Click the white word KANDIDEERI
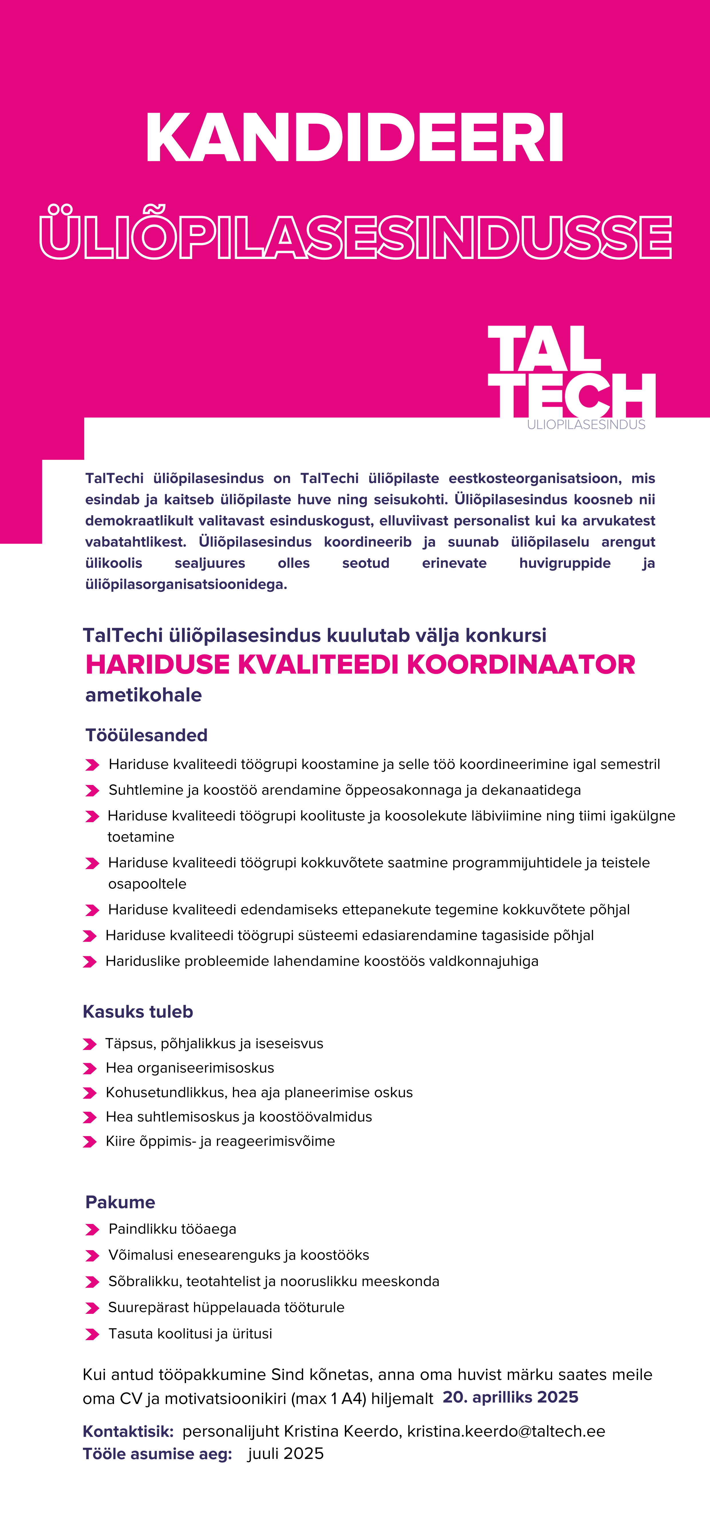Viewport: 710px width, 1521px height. coord(354,138)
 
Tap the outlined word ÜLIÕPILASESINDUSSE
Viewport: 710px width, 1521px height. coord(355,236)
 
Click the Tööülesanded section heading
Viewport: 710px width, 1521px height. coord(147,735)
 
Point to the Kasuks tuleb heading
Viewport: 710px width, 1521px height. coord(138,1011)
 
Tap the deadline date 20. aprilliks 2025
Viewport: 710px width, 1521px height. coord(510,1397)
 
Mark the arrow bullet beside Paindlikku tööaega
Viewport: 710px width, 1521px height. coord(92,1230)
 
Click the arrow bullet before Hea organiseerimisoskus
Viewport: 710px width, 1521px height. coord(90,1069)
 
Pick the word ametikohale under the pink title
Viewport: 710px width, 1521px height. coord(144,695)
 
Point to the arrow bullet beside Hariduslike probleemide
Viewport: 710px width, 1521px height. coord(90,962)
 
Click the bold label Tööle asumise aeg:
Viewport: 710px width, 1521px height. coord(157,1454)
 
